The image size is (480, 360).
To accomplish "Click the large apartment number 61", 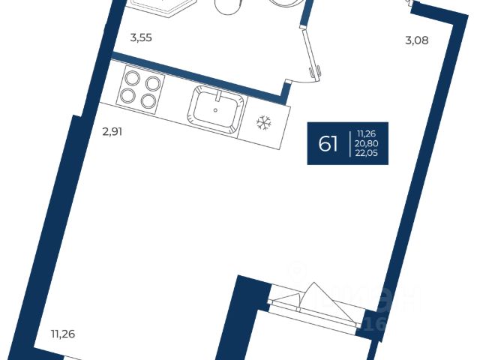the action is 328,143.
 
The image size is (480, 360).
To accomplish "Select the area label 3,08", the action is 416,40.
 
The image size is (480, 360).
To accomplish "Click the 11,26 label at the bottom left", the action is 64,334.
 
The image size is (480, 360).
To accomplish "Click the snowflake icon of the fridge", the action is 263,121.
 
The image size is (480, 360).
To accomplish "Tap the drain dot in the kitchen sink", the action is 215,109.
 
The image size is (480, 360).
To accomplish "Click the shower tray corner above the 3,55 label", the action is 154,9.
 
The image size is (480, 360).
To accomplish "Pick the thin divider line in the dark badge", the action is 349,142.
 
